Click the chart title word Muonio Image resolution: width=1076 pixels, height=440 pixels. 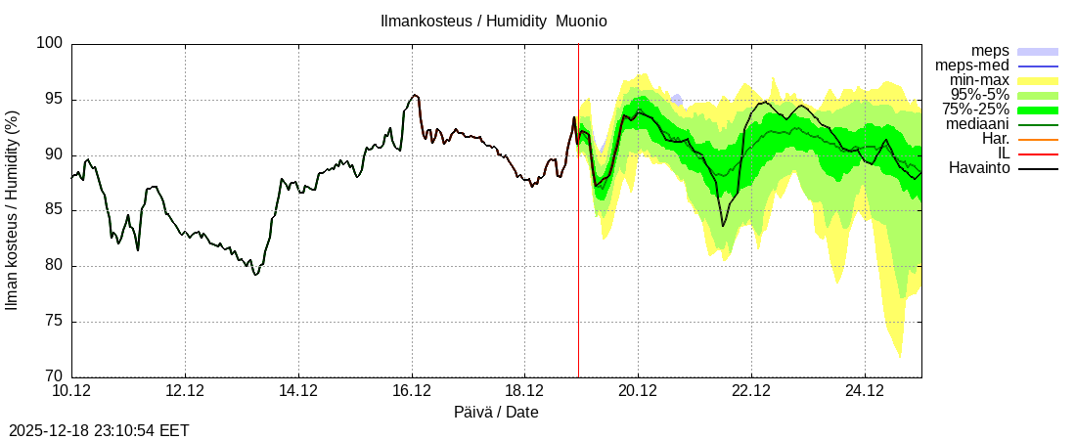coord(581,22)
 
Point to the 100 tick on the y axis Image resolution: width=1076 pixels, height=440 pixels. coord(52,43)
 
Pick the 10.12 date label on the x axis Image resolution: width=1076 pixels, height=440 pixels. coord(71,391)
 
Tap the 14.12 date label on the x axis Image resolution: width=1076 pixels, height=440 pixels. coord(298,391)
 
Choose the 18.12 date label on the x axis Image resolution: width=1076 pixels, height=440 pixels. coord(524,391)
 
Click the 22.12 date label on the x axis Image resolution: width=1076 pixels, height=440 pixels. coord(751,391)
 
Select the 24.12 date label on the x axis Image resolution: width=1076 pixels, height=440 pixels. coord(865,391)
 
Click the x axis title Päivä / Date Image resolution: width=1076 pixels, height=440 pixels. coord(496,413)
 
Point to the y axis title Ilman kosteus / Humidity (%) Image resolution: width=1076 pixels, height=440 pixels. coord(13,210)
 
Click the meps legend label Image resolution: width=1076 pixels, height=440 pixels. coord(990,51)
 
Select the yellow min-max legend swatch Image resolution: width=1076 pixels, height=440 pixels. coord(1038,80)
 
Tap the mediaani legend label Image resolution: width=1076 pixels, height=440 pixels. coord(977,124)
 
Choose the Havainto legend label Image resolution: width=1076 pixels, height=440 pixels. coord(979,168)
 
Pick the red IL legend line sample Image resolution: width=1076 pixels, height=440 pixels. coord(1038,154)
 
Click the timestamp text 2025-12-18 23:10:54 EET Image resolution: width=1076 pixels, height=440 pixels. coord(99,430)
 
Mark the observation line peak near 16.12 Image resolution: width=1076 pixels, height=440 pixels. coord(415,95)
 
